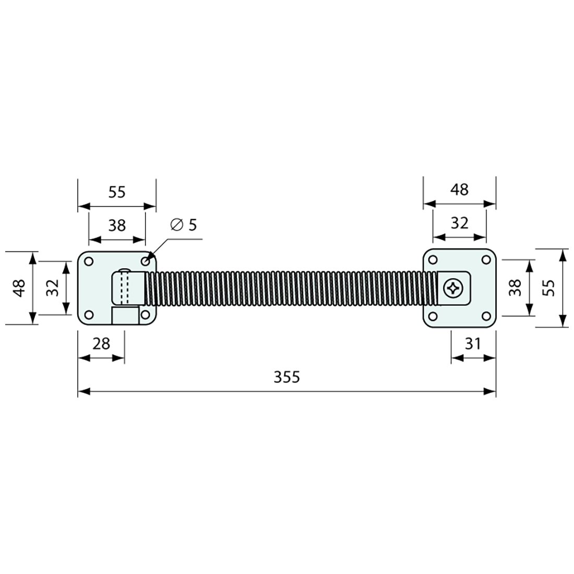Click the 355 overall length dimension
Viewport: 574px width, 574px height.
pyautogui.click(x=287, y=377)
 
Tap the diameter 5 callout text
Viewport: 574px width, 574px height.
pyautogui.click(x=184, y=225)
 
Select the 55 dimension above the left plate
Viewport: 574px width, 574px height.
pyautogui.click(x=117, y=192)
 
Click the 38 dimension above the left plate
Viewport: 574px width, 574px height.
pyautogui.click(x=117, y=225)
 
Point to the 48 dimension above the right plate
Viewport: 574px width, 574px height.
pyautogui.click(x=459, y=189)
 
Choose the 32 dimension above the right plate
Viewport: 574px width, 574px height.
pyautogui.click(x=459, y=223)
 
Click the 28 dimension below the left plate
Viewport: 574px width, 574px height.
pyautogui.click(x=101, y=343)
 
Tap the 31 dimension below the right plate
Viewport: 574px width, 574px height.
pyautogui.click(x=472, y=343)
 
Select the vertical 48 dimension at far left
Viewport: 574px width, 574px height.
pyautogui.click(x=19, y=288)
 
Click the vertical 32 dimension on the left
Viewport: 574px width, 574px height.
pyautogui.click(x=52, y=288)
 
